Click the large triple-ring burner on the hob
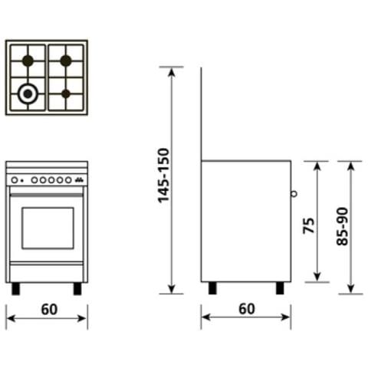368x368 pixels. [28, 94]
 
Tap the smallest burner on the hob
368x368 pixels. [66, 94]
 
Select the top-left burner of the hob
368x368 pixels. [28, 60]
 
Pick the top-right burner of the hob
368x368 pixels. [66, 60]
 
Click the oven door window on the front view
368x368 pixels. [48, 228]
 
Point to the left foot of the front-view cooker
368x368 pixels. [16, 289]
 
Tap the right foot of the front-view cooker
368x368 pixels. [77, 289]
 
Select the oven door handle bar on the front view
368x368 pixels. [47, 195]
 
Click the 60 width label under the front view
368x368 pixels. [48, 310]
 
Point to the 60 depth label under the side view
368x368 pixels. [245, 310]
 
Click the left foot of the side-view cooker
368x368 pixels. [212, 288]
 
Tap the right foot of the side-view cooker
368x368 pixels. [281, 288]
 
